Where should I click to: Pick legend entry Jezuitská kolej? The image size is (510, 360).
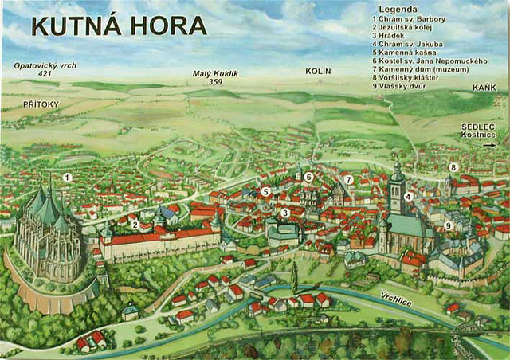pyautogui.click(x=407, y=27)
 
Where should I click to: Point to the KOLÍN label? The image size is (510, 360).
pyautogui.click(x=318, y=72)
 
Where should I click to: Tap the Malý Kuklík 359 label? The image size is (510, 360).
pyautogui.click(x=215, y=77)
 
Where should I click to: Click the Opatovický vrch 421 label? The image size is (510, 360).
pyautogui.click(x=45, y=69)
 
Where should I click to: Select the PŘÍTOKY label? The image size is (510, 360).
pyautogui.click(x=41, y=104)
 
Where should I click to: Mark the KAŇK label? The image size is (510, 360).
pyautogui.click(x=483, y=87)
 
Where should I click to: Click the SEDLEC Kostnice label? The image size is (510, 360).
pyautogui.click(x=478, y=131)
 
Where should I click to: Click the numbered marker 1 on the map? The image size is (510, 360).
pyautogui.click(x=68, y=178)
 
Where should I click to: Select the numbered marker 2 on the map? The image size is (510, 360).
pyautogui.click(x=136, y=225)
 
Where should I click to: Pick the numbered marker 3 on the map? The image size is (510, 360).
pyautogui.click(x=284, y=213)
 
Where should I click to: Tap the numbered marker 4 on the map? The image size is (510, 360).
pyautogui.click(x=407, y=197)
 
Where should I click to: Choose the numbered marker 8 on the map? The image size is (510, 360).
pyautogui.click(x=453, y=167)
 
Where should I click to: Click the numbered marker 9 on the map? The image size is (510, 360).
pyautogui.click(x=448, y=226)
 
